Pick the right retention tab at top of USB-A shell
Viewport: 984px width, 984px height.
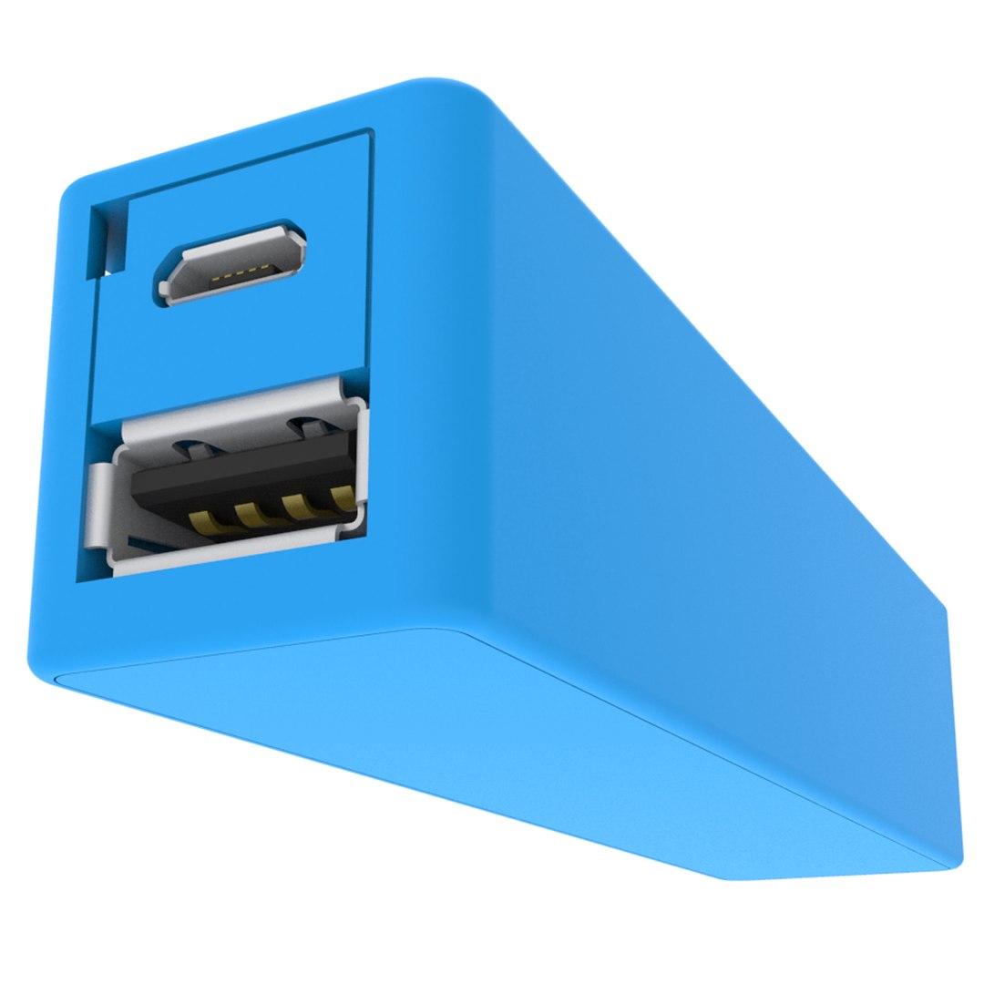(x=305, y=425)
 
